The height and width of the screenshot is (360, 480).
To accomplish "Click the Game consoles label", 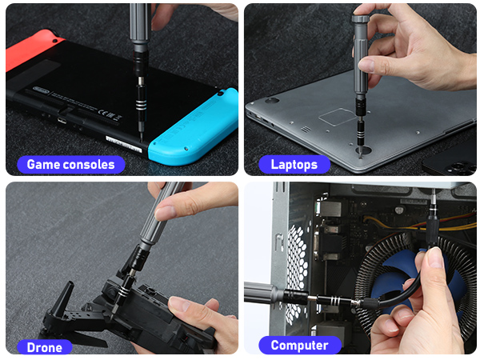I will coord(71,165).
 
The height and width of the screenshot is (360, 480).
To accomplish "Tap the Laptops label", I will coord(294,165).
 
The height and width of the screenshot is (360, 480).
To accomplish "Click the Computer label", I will coord(299,346).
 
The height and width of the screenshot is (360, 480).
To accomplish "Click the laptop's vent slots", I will coord(305,129).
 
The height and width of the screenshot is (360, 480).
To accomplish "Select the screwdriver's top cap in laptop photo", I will coord(360,18).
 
